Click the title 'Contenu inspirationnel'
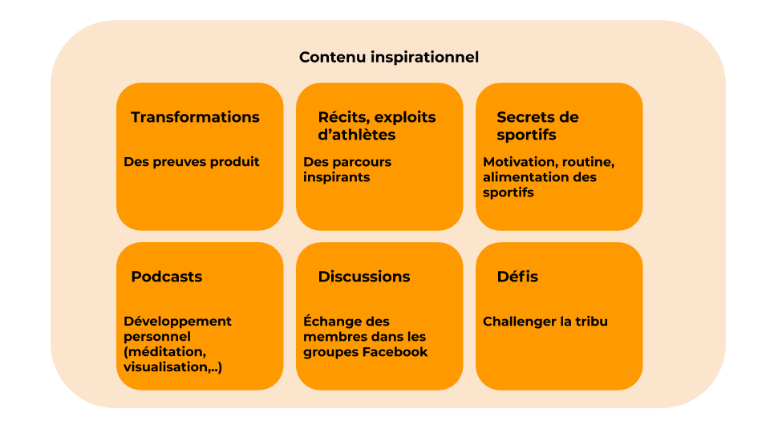pos(389,58)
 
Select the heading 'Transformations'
pos(195,117)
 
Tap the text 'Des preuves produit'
pos(192,162)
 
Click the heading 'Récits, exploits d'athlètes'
pos(377,126)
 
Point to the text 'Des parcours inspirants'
pos(347,169)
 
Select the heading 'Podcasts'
pos(167,277)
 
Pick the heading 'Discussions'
pos(364,277)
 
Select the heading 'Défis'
pos(517,277)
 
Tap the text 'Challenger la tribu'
pos(545,322)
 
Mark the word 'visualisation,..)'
pos(172,367)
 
